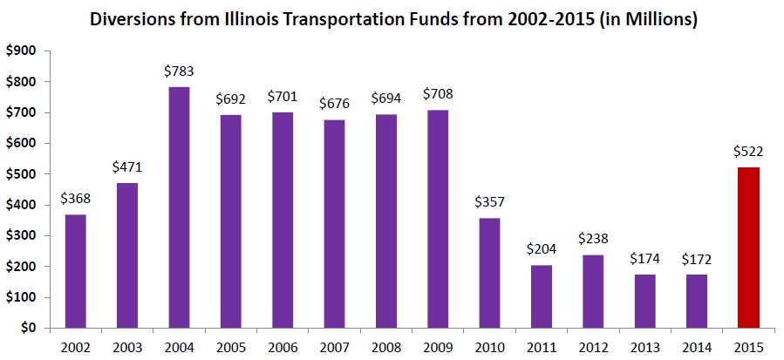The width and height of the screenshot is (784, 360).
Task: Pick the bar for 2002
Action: point(77,271)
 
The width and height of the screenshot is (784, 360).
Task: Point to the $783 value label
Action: point(180,71)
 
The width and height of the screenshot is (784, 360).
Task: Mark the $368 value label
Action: point(77,198)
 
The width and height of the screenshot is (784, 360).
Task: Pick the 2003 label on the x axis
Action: point(128,346)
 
